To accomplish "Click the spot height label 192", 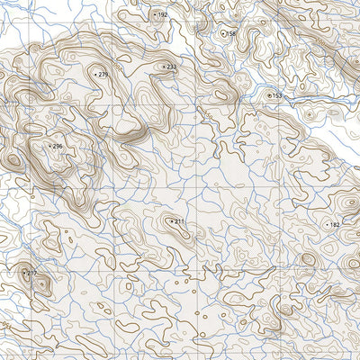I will (x=163, y=15).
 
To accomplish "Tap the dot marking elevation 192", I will (x=155, y=15).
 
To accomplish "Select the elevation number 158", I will (x=231, y=33).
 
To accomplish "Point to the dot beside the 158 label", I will (x=222, y=33).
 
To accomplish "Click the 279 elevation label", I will (x=103, y=74).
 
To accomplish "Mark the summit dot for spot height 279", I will (x=95, y=74).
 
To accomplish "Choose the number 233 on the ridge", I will (x=172, y=67).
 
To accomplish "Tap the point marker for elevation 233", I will (x=164, y=67).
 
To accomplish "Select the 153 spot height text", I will (x=277, y=95).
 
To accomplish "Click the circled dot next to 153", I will (x=268, y=94).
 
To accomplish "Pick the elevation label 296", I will (x=58, y=146).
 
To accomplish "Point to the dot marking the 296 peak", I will (x=49, y=146).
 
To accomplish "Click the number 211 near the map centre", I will (x=179, y=221).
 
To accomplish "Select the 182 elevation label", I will (x=336, y=225).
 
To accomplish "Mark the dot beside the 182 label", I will (x=327, y=225).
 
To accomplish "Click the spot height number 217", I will (x=32, y=273).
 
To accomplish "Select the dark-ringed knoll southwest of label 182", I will (x=307, y=259).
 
